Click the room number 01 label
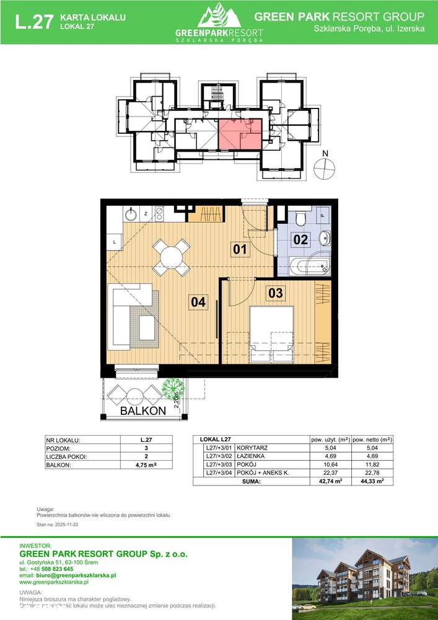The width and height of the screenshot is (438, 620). coord(240,250)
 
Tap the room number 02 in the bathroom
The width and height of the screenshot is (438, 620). coord(300,239)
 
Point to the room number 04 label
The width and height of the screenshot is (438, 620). coord(198,302)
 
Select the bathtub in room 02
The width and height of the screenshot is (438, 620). coord(309,267)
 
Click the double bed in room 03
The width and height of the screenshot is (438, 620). coord(271,334)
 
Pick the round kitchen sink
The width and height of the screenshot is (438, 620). coord(131,215)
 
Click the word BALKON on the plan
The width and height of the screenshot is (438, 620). coord(143,410)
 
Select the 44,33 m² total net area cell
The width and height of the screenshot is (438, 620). coord(372,480)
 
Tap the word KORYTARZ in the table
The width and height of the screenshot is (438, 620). coord(253,448)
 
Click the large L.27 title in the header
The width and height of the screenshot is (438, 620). coord(33,23)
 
